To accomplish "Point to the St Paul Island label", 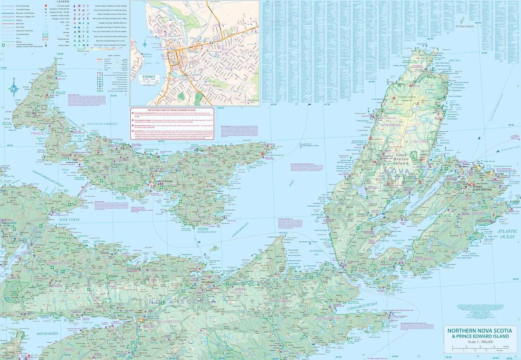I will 465,26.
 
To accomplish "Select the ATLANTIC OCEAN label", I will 507,234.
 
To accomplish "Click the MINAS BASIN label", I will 47,333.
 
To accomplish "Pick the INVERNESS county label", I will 391,125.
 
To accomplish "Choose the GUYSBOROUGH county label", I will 329,318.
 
